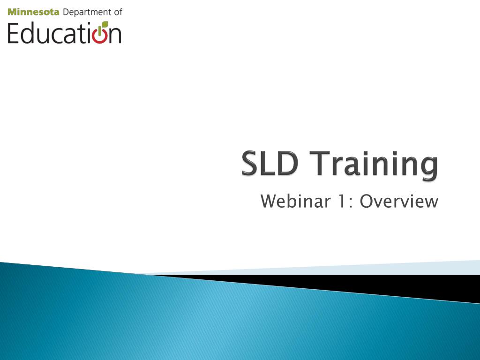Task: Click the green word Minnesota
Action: click(33, 12)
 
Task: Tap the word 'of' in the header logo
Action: click(118, 12)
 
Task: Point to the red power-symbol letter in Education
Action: click(100, 35)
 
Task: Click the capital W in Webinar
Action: click(268, 202)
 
